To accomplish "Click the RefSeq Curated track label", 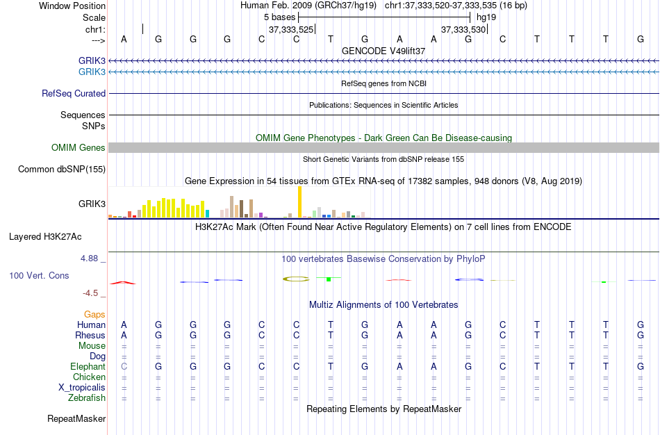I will click(x=74, y=93).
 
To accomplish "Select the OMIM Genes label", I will click(x=79, y=147).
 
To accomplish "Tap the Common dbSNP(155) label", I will click(x=62, y=169).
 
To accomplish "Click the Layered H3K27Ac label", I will click(x=45, y=236).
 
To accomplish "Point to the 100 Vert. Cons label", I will click(x=39, y=275).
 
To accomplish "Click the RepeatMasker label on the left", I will click(x=76, y=419).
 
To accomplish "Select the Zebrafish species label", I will click(x=87, y=398).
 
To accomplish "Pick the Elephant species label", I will click(x=88, y=367).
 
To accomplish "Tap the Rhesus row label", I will click(x=90, y=336).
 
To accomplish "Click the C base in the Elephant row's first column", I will click(x=124, y=367).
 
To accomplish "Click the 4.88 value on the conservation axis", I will click(x=90, y=258).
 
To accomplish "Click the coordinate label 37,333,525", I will click(x=291, y=30).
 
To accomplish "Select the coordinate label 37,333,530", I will click(x=464, y=30).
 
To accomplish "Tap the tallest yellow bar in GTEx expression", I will click(x=299, y=202).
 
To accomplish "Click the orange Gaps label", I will click(x=94, y=315).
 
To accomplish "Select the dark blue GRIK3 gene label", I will click(x=92, y=61).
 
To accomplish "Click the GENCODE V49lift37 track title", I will click(x=383, y=51).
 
